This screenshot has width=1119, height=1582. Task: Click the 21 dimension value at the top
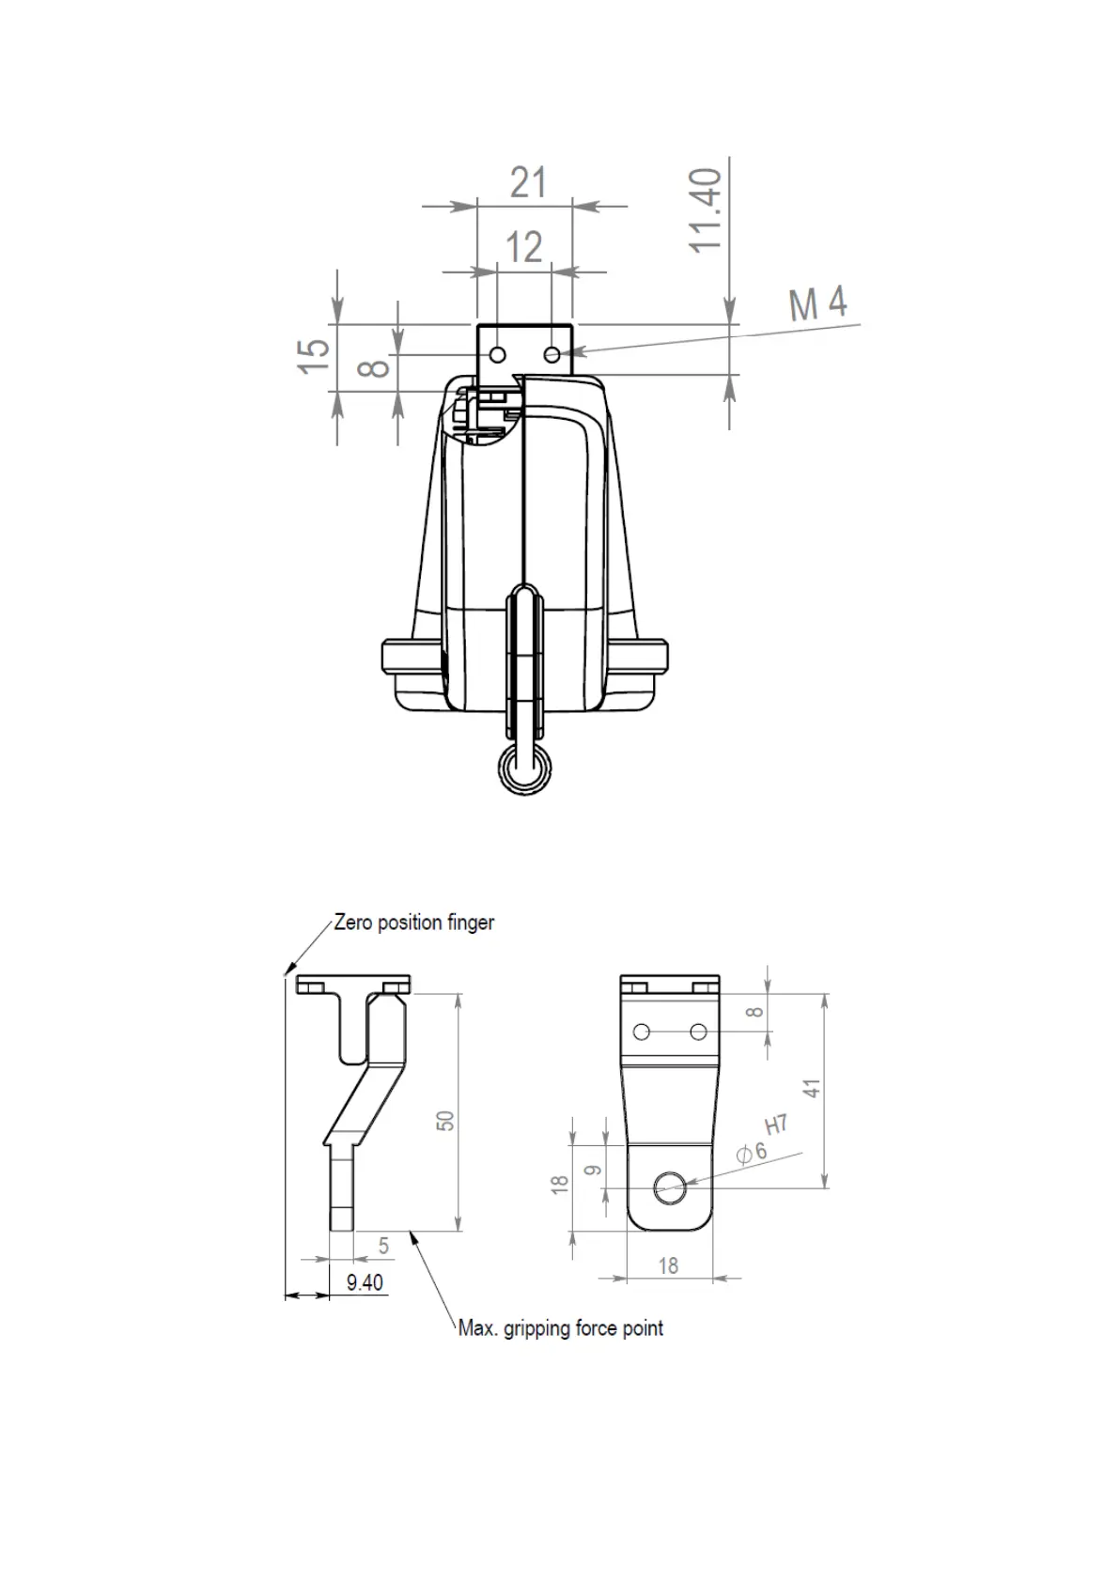528,182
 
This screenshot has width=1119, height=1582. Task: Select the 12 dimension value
524,248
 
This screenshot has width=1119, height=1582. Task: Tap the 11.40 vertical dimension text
707,210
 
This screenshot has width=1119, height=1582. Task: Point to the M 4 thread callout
817,303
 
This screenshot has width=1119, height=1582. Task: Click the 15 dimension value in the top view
315,355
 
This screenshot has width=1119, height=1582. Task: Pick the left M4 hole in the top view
498,354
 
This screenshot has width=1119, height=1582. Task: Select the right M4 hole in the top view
552,354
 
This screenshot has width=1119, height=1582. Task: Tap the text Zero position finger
414,923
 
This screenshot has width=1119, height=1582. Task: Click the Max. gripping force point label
560,1328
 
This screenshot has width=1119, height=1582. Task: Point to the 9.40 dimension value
365,1282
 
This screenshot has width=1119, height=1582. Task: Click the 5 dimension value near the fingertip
383,1247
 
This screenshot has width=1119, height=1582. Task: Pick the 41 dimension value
813,1088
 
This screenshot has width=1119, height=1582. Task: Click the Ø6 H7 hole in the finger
671,1186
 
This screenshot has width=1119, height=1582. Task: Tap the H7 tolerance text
776,1124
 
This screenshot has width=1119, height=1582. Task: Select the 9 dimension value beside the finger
592,1171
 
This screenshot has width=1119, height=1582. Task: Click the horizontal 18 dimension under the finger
668,1266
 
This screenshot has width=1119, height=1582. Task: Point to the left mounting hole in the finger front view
642,1031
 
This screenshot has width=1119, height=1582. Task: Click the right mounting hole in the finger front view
698,1031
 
